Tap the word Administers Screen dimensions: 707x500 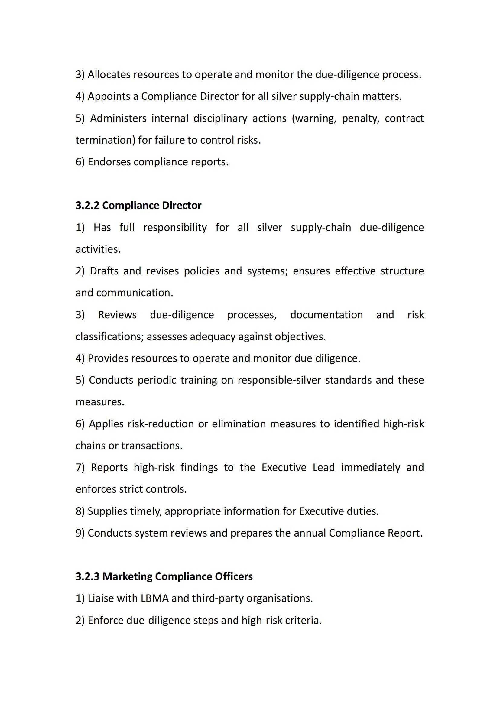click(x=118, y=118)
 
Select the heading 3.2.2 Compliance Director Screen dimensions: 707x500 click(x=138, y=205)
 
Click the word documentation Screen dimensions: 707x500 click(x=326, y=315)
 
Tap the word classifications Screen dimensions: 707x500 click(x=109, y=336)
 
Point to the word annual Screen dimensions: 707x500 click(x=310, y=533)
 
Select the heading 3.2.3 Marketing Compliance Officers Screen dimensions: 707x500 click(x=164, y=576)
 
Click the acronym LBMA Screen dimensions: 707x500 click(x=154, y=598)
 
